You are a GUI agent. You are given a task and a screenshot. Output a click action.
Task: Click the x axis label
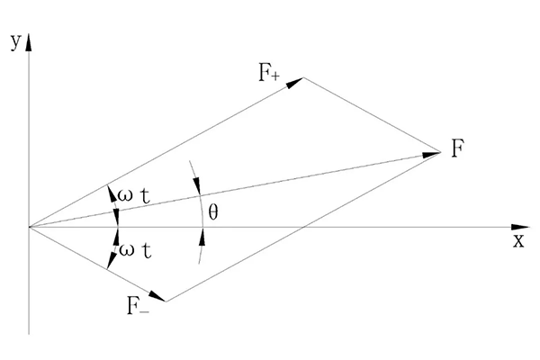pos(518,241)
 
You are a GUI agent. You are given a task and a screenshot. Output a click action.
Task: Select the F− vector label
pos(139,305)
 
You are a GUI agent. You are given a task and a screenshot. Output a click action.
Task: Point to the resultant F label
pos(459,149)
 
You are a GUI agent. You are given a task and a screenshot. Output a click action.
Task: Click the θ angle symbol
pos(212,212)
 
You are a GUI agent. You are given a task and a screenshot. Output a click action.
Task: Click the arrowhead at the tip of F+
pos(295,82)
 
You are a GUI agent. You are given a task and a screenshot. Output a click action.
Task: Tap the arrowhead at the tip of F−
pos(158,298)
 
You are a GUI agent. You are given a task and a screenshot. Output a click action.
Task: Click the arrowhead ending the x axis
pos(520,227)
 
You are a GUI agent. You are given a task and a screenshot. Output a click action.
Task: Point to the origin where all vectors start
pos(29,227)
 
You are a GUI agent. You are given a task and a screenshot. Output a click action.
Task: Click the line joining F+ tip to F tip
pos(372,115)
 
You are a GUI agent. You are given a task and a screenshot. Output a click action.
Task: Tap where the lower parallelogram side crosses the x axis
pos(301,227)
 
